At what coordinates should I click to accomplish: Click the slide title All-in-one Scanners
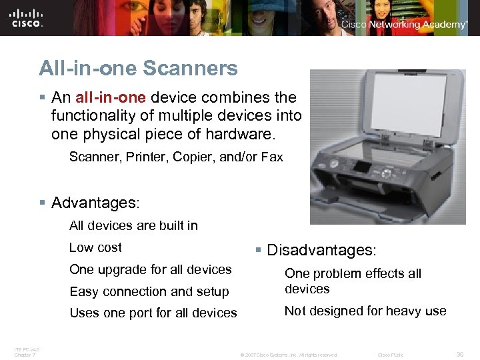click(x=138, y=68)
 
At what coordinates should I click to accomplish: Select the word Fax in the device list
click(x=273, y=157)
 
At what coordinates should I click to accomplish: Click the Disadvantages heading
click(x=321, y=250)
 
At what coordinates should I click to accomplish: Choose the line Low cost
click(x=95, y=247)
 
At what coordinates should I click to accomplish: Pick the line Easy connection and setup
click(x=149, y=291)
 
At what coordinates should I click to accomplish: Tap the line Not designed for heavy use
click(x=365, y=311)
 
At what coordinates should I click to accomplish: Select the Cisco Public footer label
click(x=391, y=355)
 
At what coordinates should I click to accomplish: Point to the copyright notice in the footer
click(x=289, y=355)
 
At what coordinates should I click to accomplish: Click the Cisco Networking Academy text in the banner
click(x=404, y=25)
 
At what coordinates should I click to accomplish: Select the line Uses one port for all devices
click(x=153, y=313)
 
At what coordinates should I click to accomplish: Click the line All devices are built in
click(x=133, y=225)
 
